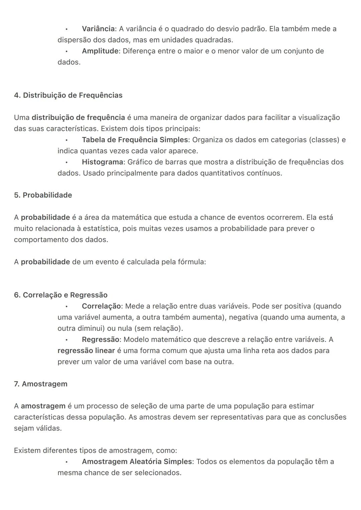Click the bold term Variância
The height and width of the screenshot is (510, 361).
pyautogui.click(x=98, y=29)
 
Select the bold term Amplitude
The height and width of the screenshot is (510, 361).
pyautogui.click(x=100, y=51)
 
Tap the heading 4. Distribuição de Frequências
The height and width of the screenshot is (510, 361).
pyautogui.click(x=68, y=95)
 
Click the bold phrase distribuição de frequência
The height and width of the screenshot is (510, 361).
pyautogui.click(x=78, y=118)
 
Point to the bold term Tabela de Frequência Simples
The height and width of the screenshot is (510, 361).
pyautogui.click(x=135, y=140)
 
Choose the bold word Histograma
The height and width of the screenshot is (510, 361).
pyautogui.click(x=102, y=162)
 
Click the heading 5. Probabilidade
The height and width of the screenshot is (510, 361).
pyautogui.click(x=43, y=195)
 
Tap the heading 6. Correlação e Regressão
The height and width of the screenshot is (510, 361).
pyautogui.click(x=61, y=295)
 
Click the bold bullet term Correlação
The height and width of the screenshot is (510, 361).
pyautogui.click(x=101, y=306)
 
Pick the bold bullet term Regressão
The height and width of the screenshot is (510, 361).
pyautogui.click(x=100, y=340)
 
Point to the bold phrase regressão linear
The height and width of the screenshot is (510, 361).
pyautogui.click(x=86, y=351)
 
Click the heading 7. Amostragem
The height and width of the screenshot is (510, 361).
pyautogui.click(x=40, y=384)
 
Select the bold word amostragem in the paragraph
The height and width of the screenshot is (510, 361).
pyautogui.click(x=43, y=406)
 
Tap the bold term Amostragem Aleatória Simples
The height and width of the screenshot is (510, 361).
pyautogui.click(x=137, y=462)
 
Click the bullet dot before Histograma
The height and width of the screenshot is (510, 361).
pyautogui.click(x=67, y=162)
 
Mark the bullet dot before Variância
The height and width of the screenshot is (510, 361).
pyautogui.click(x=67, y=29)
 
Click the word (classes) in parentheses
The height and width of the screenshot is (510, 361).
pyautogui.click(x=325, y=140)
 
